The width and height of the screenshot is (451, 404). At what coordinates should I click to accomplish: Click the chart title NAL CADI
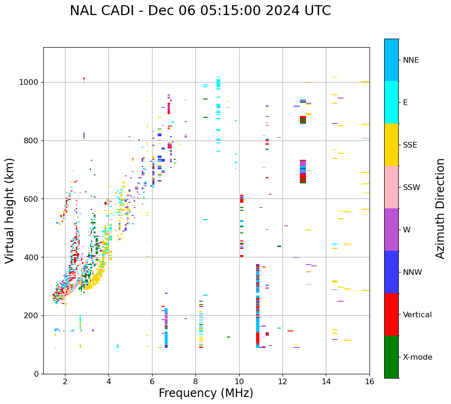pos(200,11)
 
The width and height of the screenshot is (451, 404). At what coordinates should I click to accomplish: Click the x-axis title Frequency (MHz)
pos(206,393)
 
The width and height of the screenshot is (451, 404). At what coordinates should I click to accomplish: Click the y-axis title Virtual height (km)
pos(10,211)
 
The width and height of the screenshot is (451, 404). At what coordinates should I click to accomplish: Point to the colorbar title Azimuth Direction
pos(440,208)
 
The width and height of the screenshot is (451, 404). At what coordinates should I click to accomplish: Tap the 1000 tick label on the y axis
pos(29,82)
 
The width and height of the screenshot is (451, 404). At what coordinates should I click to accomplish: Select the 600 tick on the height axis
pos(32,199)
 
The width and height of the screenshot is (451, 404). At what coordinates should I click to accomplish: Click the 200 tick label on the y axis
pos(32,315)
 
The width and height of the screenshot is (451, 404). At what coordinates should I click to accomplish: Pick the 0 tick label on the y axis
pos(36,374)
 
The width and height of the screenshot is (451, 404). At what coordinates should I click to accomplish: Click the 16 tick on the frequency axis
pos(370,381)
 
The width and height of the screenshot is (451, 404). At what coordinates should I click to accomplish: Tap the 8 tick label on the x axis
pos(195,381)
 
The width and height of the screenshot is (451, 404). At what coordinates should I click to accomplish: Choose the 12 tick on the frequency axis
pos(282,381)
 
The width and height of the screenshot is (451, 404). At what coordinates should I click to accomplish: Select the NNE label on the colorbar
pos(411,60)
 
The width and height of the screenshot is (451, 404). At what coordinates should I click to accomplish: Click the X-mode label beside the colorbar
pos(417,357)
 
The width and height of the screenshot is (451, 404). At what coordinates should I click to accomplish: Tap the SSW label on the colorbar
pos(411,188)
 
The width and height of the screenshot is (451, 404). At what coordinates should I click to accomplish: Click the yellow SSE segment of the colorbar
pos(391,145)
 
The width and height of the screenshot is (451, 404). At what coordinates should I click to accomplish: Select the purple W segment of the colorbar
pos(391,230)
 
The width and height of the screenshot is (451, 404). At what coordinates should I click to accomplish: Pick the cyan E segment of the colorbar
pos(391,102)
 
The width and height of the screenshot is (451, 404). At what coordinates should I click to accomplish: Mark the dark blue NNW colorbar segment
pos(391,272)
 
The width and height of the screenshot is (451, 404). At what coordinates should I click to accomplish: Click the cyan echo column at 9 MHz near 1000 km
pos(218,84)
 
